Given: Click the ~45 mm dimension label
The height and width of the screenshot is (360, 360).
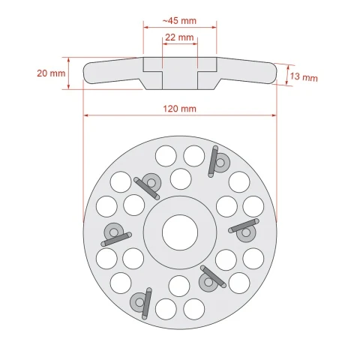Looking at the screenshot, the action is (x=179, y=21).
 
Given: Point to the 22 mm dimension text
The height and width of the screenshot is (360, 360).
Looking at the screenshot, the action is (x=179, y=37).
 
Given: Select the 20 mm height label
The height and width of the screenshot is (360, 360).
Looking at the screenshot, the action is (x=51, y=73).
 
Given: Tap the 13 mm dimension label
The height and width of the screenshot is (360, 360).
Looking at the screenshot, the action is (x=304, y=76).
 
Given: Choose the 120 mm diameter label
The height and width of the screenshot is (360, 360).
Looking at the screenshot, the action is (x=179, y=109).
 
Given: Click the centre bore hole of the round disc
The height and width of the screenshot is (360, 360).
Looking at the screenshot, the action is (x=180, y=232).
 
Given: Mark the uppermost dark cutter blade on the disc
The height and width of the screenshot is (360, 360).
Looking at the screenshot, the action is (x=212, y=162).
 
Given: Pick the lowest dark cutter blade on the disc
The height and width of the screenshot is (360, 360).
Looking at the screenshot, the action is (x=147, y=304).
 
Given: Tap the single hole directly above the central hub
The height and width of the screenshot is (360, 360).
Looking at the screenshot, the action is (x=181, y=179).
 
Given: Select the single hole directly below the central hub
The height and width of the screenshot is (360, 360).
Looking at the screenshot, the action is (x=179, y=286).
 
